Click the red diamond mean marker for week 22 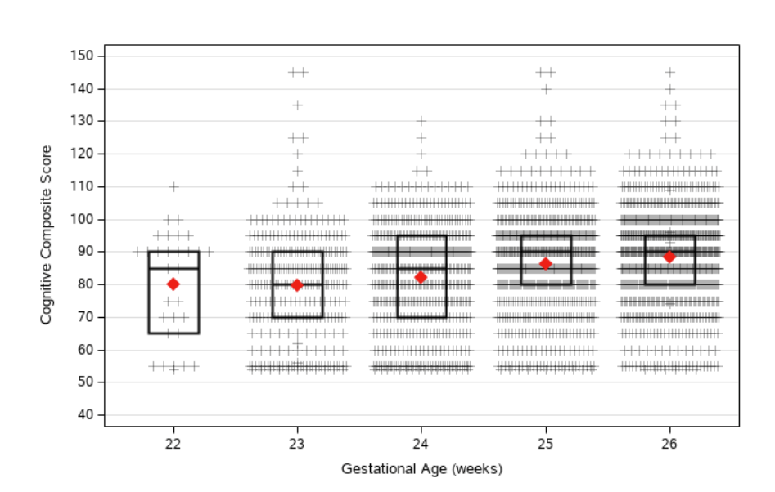(x=173, y=284)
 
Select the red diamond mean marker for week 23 (x=297, y=284)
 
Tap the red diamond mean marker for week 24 (x=421, y=277)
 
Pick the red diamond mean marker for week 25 (x=546, y=263)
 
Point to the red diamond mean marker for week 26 (x=669, y=257)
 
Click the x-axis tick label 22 (x=173, y=442)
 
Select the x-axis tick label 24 (x=421, y=442)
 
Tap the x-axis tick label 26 (x=669, y=442)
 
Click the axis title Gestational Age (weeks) (x=421, y=469)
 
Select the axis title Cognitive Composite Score (x=47, y=235)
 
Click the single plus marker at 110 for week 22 (x=173, y=186)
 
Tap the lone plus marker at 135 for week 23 (x=297, y=105)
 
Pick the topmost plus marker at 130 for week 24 (x=421, y=121)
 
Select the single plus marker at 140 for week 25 (x=546, y=88)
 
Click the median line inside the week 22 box (x=173, y=268)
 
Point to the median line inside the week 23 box (x=297, y=284)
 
